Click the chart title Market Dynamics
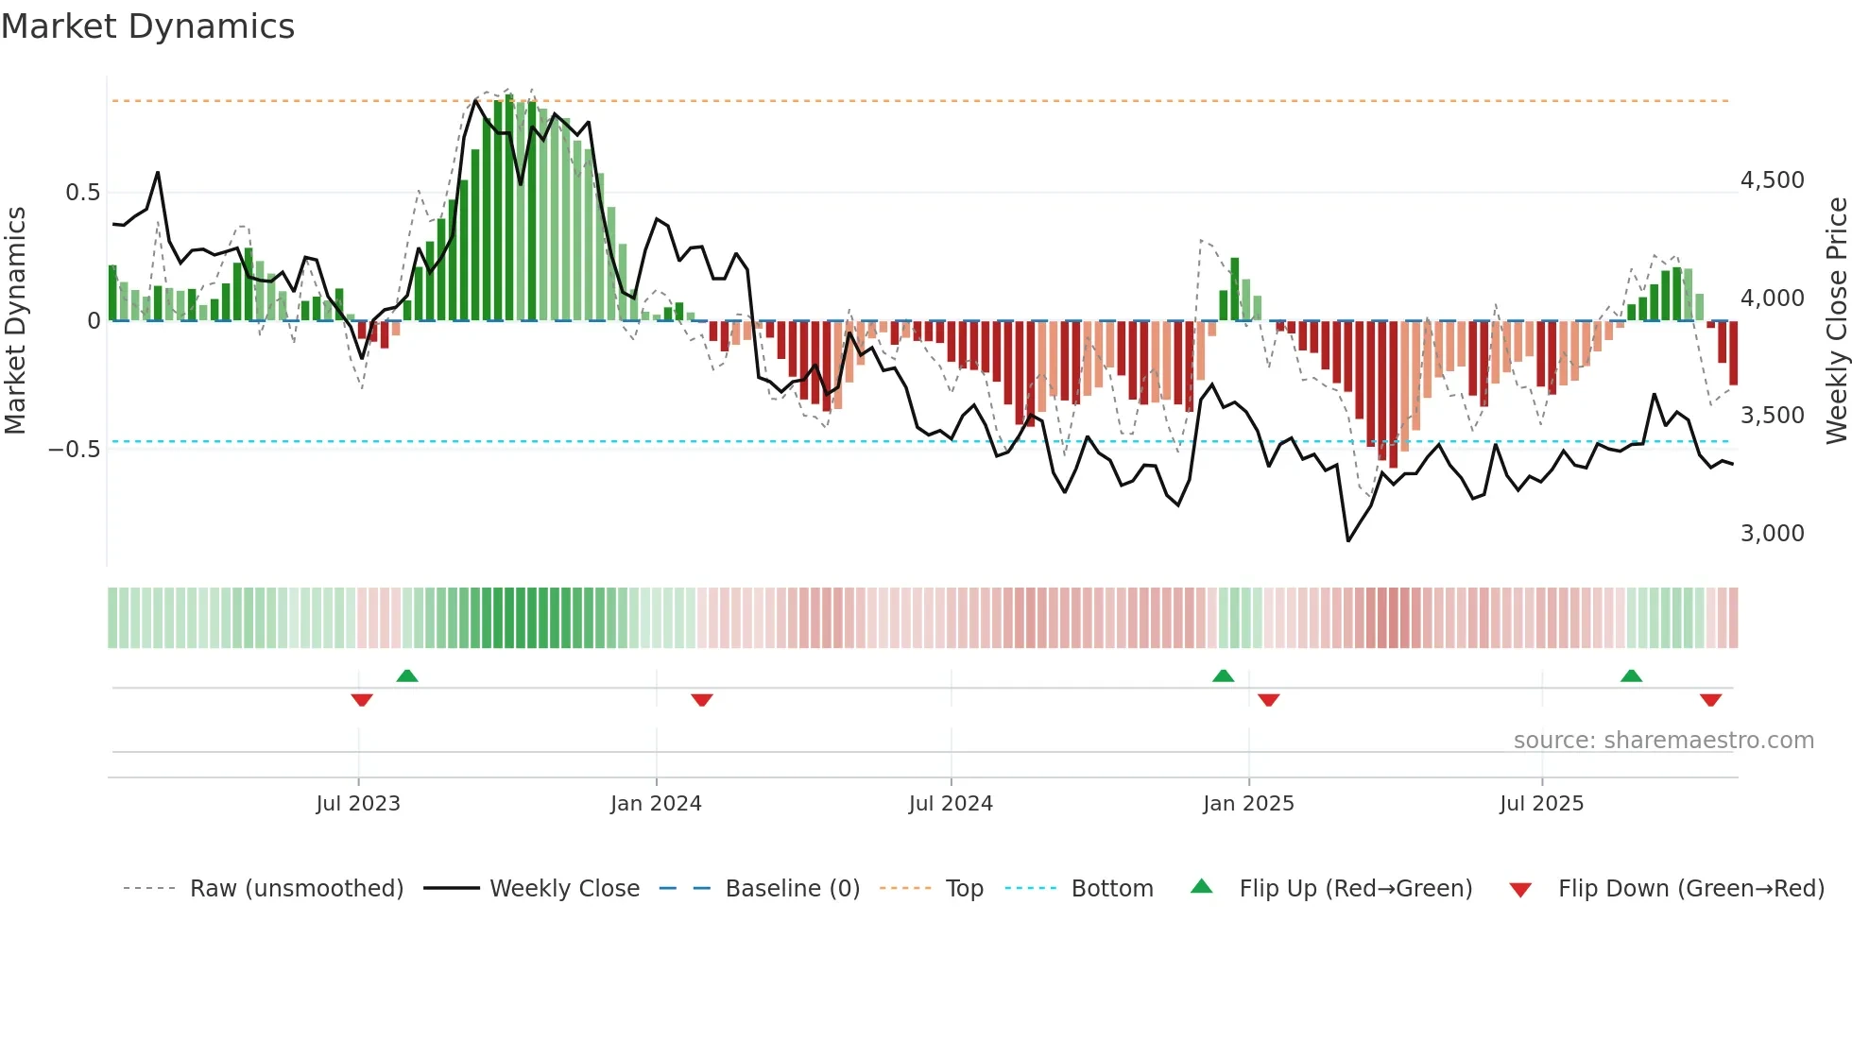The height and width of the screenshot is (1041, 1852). [147, 26]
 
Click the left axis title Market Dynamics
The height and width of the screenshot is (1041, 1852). [15, 320]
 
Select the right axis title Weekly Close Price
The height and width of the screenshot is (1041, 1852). [1836, 320]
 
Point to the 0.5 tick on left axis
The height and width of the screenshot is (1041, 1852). [82, 193]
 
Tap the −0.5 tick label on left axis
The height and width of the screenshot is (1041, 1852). [74, 450]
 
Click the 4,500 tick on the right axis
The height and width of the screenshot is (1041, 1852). [1772, 180]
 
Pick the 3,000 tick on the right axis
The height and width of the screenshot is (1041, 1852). [1772, 534]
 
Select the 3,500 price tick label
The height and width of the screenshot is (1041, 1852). [1772, 416]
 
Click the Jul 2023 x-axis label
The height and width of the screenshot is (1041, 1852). [358, 804]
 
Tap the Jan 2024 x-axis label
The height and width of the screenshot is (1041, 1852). [656, 804]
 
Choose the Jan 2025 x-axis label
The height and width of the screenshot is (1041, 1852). [1248, 804]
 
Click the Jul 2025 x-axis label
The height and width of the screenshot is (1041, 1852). [1541, 804]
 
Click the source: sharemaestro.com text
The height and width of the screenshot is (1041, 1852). [1663, 741]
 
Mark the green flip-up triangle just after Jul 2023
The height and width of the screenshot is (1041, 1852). [407, 675]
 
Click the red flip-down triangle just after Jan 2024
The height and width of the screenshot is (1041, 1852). [701, 700]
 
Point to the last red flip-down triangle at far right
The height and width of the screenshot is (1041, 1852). [1710, 700]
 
